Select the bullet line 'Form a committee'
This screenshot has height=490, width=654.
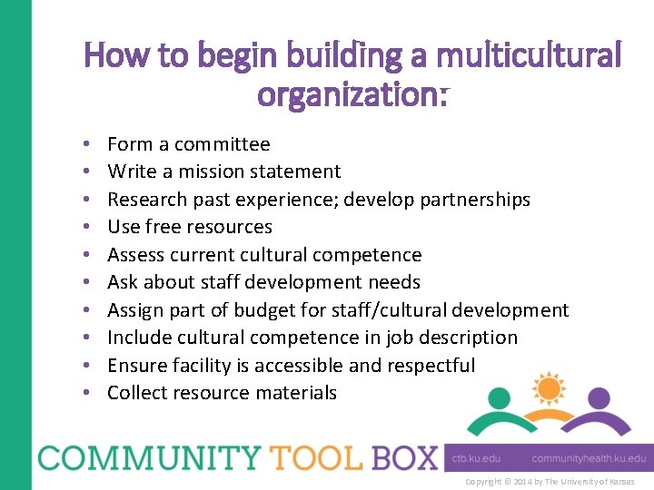click(188, 144)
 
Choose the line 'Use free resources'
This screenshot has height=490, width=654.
click(189, 227)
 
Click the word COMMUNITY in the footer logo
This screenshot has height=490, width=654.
click(134, 457)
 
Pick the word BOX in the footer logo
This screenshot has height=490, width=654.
click(404, 457)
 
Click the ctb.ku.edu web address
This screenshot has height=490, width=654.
click(476, 459)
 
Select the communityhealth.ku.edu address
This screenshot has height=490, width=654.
click(589, 459)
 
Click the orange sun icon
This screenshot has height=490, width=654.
click(549, 388)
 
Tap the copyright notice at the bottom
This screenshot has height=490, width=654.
click(550, 482)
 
